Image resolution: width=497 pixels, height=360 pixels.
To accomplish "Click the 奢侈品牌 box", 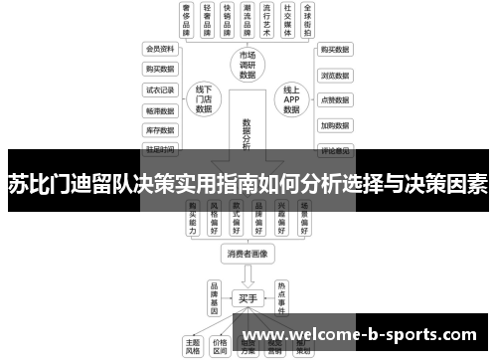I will pos(186,20).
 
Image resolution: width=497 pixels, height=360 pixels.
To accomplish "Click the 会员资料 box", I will pos(160,49).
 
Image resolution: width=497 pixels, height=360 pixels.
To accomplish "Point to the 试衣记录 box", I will pos(160,90).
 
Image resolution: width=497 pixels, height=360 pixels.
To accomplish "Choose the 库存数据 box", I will pos(160,130).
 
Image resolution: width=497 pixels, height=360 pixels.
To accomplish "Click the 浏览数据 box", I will pos(335,75).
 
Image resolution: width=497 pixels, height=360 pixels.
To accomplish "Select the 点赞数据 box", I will pos(335,100).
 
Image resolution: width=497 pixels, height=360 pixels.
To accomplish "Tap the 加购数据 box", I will pos(335,126).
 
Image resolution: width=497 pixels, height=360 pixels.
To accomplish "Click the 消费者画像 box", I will pos(248,253).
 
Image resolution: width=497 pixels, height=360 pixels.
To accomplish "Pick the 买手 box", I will pos(248,296).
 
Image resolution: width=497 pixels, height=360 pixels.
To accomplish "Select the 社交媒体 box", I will pos(287,20).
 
